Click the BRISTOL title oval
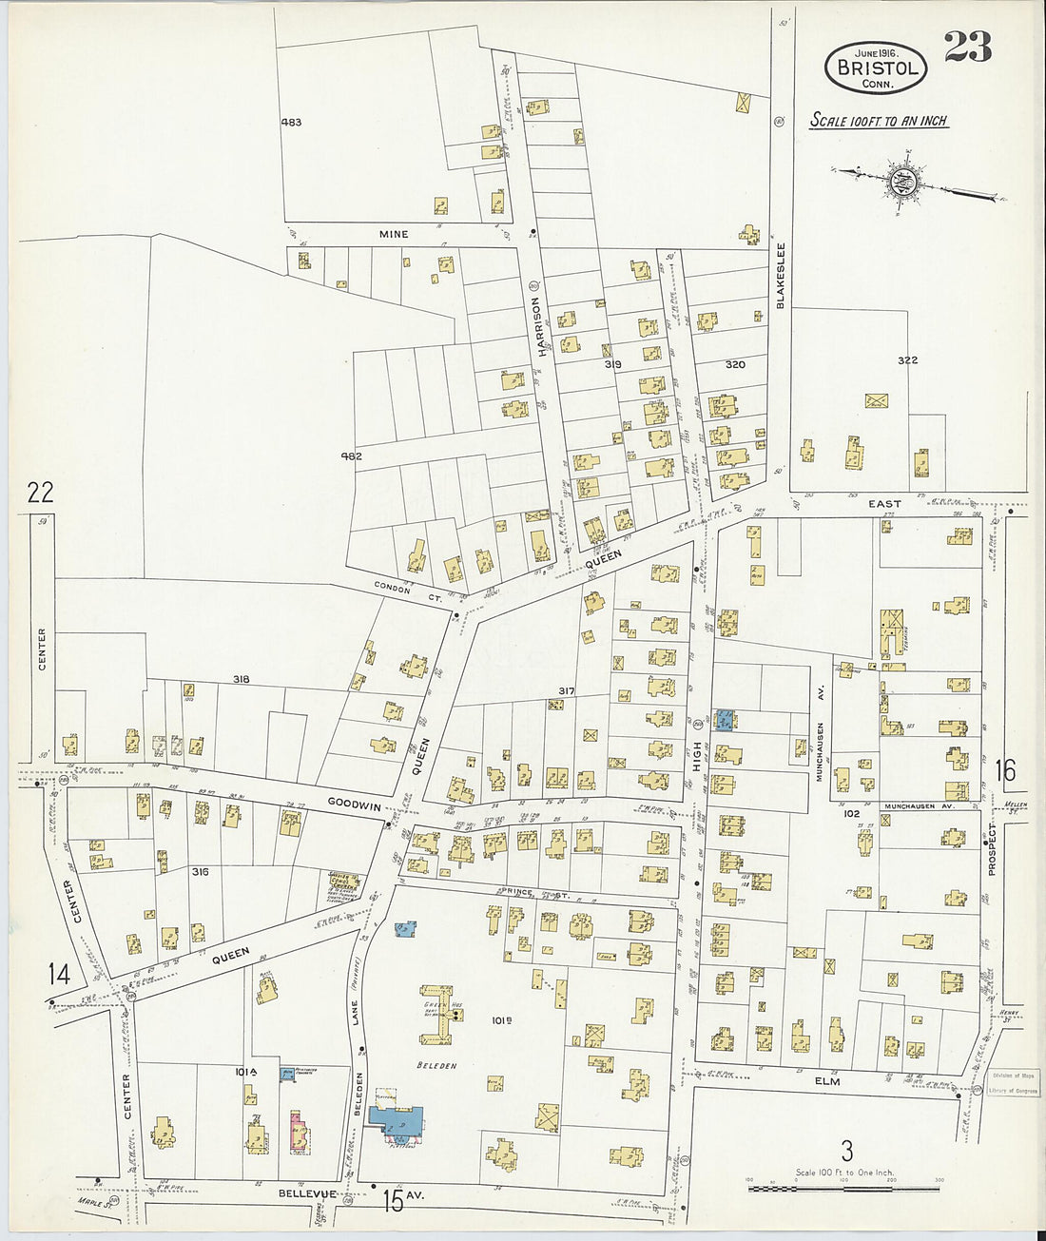tap(875, 68)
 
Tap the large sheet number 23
tap(967, 48)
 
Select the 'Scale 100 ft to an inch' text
tap(879, 121)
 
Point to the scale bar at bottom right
tap(843, 1188)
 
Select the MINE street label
tap(394, 234)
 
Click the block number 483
tap(291, 123)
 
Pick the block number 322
tap(907, 360)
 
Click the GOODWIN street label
tap(354, 804)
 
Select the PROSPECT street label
tap(992, 849)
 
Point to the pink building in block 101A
tap(299, 1131)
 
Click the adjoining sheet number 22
tap(40, 493)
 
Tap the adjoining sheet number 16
tap(1005, 770)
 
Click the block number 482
tap(351, 456)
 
